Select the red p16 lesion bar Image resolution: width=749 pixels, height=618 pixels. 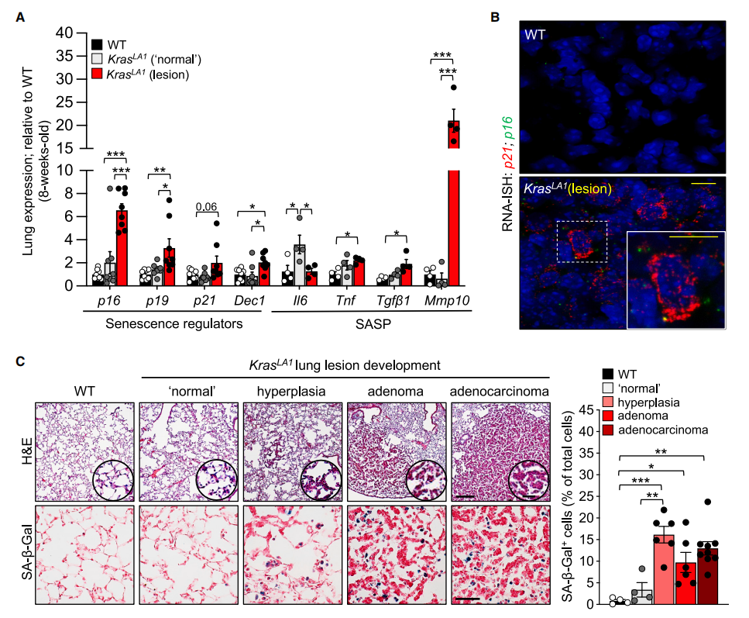tap(122, 248)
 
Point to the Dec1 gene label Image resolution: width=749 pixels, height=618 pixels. tap(249, 299)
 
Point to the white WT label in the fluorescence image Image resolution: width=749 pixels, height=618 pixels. tap(536, 35)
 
